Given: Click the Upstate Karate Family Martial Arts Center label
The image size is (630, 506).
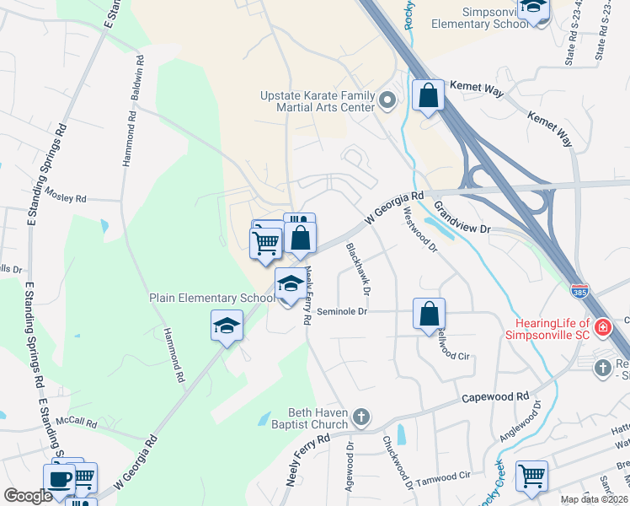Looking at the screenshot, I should (316, 101).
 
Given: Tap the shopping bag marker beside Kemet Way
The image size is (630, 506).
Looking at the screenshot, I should (428, 95).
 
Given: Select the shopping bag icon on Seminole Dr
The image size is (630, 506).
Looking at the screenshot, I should (429, 313).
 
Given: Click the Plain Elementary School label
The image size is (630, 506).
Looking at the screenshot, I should (211, 298).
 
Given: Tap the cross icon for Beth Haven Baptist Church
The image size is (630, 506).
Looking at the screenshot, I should (360, 417).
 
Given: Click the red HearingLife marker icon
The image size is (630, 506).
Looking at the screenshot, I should (602, 327).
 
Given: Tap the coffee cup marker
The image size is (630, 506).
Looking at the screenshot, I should (59, 479).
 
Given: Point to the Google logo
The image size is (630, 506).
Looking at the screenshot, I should (27, 496).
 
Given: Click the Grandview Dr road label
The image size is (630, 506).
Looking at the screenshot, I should (462, 217).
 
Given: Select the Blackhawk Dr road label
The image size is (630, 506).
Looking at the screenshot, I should (358, 269).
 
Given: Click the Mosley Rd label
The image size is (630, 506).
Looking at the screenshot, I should (67, 198).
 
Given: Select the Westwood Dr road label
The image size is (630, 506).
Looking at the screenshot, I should (420, 229).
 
